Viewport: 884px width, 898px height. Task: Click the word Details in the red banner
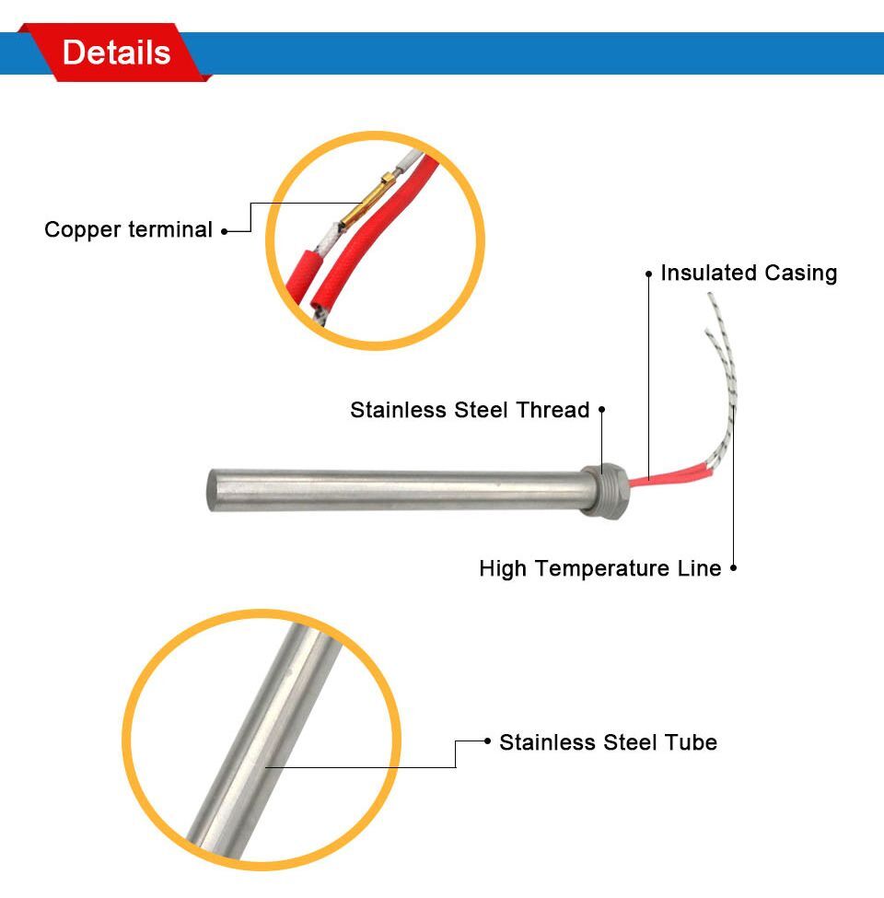pyautogui.click(x=116, y=52)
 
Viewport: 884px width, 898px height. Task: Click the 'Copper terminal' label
pyautogui.click(x=128, y=230)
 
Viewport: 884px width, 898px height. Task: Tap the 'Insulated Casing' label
pyautogui.click(x=749, y=274)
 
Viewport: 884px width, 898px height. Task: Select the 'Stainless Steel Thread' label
pyautogui.click(x=470, y=410)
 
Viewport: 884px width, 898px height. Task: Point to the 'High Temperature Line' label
pyautogui.click(x=599, y=569)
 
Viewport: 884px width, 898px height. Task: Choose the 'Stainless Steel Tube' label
pyautogui.click(x=608, y=742)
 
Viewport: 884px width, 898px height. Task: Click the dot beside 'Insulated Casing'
pyautogui.click(x=649, y=274)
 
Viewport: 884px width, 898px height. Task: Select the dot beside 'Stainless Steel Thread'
pyautogui.click(x=602, y=409)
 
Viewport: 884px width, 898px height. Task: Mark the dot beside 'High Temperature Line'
pyautogui.click(x=733, y=569)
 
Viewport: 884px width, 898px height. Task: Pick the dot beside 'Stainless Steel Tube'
pyautogui.click(x=487, y=741)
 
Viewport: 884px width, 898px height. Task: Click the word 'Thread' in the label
pyautogui.click(x=556, y=410)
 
